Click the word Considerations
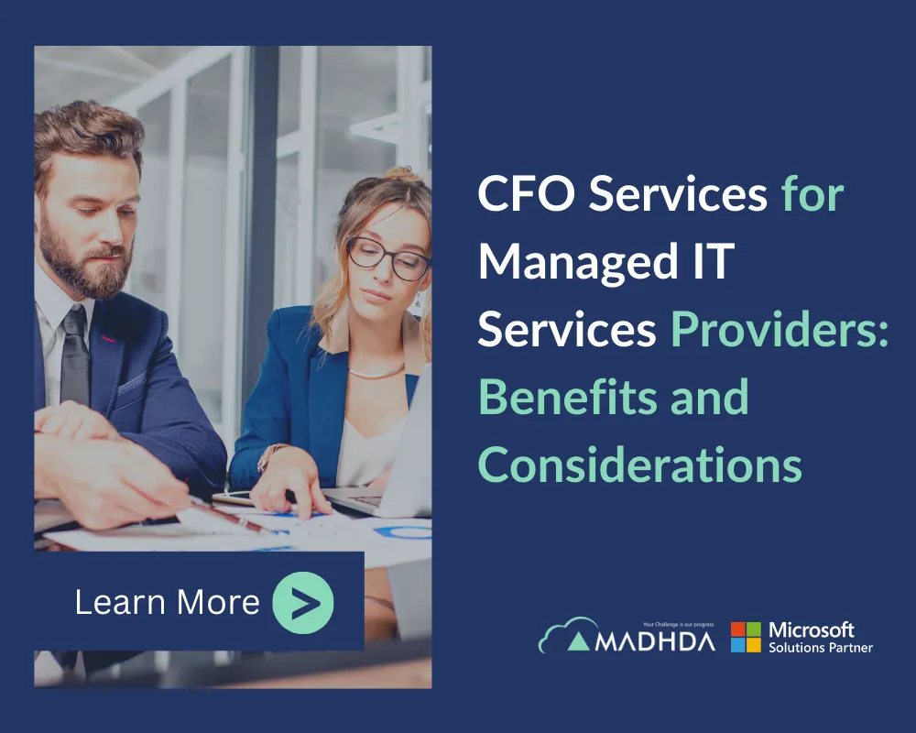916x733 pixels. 639,464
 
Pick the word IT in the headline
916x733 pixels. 713,262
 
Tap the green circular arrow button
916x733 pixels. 303,602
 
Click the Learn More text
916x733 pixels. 167,602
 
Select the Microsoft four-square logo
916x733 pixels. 746,637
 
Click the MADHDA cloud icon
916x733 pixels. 561,635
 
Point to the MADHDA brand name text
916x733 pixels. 654,640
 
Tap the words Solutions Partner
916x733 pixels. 821,648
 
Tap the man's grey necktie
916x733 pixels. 73,356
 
